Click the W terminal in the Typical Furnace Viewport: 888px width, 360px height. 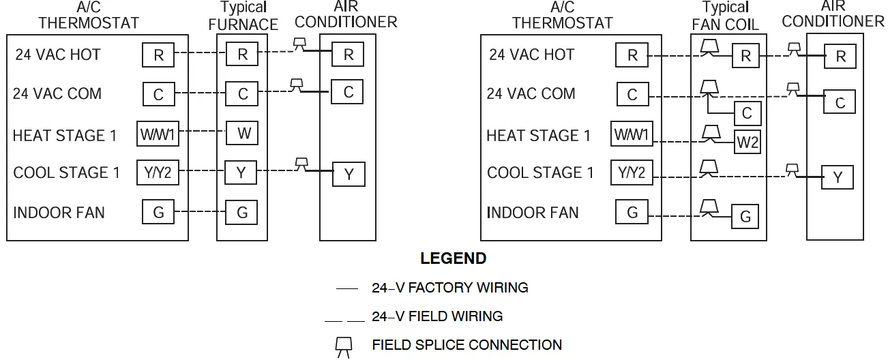[243, 133]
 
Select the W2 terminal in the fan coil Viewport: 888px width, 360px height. [747, 142]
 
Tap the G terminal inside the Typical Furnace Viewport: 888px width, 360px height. [241, 213]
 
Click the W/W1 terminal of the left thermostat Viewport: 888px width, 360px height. [158, 134]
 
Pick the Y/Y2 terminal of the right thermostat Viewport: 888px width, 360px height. [632, 173]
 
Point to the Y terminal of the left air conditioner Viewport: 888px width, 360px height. [349, 175]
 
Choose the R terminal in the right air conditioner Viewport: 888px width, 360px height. [840, 57]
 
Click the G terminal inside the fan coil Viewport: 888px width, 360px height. [745, 217]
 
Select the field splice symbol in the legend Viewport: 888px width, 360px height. [344, 346]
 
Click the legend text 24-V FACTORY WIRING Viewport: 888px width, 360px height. [449, 288]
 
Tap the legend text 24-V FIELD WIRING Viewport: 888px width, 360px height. [437, 316]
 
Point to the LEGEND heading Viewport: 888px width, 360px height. [453, 259]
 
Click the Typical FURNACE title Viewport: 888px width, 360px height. [243, 16]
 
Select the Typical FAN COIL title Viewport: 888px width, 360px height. [725, 16]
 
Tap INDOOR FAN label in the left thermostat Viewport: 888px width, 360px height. [59, 213]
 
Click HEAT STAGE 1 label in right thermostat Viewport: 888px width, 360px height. [538, 136]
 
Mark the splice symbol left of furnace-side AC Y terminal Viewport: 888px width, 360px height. [301, 164]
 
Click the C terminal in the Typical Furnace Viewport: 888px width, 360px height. [243, 94]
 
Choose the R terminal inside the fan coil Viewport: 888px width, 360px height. [745, 57]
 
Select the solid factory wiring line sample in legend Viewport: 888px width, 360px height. [346, 289]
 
